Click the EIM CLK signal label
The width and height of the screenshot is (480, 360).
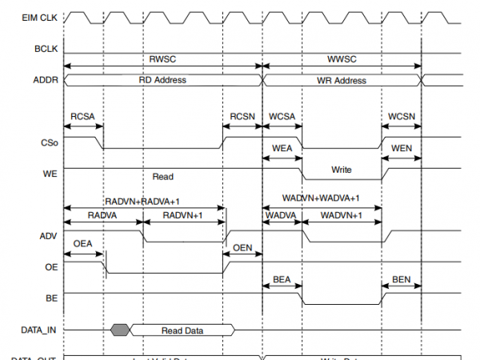[x=39, y=16]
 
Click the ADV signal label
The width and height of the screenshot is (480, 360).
[x=49, y=236]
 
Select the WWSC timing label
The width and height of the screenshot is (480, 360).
[x=342, y=58]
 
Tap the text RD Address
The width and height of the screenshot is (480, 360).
[x=162, y=80]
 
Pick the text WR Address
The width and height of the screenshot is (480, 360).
[x=342, y=80]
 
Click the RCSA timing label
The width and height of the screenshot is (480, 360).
[x=82, y=117]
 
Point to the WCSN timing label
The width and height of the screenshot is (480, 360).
[x=402, y=117]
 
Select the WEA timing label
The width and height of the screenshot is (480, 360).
[x=282, y=149]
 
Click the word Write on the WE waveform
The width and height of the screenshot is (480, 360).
[x=342, y=170]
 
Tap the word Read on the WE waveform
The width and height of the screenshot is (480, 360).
[x=162, y=176]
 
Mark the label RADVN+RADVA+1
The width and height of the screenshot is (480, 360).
[x=144, y=202]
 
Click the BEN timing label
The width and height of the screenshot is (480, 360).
[x=402, y=280]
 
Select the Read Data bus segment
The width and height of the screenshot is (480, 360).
[x=182, y=329]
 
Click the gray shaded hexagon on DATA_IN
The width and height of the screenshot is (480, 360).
[x=120, y=329]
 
